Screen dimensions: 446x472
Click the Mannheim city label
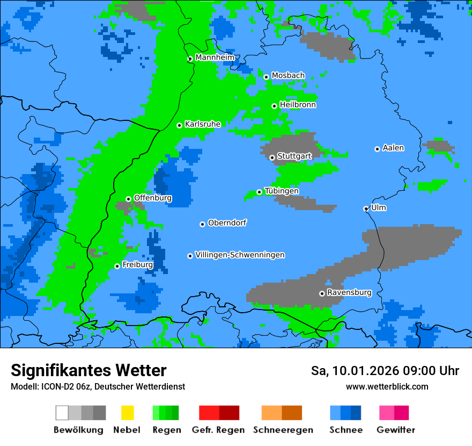pos(215,57)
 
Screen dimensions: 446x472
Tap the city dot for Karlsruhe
pos(180,125)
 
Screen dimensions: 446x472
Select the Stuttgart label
pos(294,156)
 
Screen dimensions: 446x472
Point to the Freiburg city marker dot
pos(117,266)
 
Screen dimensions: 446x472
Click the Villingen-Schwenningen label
pos(240,255)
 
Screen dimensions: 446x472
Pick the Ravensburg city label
pos(349,292)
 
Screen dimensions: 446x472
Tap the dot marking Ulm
pos(366,208)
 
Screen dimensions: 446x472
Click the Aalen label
pos(393,148)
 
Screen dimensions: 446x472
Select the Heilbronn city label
pos(298,105)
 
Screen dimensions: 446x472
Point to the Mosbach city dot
pos(266,77)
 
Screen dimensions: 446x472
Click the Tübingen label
pos(282,191)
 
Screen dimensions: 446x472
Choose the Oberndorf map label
pos(227,222)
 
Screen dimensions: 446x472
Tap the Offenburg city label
pos(153,198)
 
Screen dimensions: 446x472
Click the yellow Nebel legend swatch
pos(127,413)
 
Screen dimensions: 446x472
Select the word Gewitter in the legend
pos(396,430)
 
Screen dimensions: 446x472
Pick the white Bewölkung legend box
pos(62,413)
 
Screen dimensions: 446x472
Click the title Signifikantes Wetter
pos(88,371)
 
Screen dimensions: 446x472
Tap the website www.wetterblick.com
pos(387,386)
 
